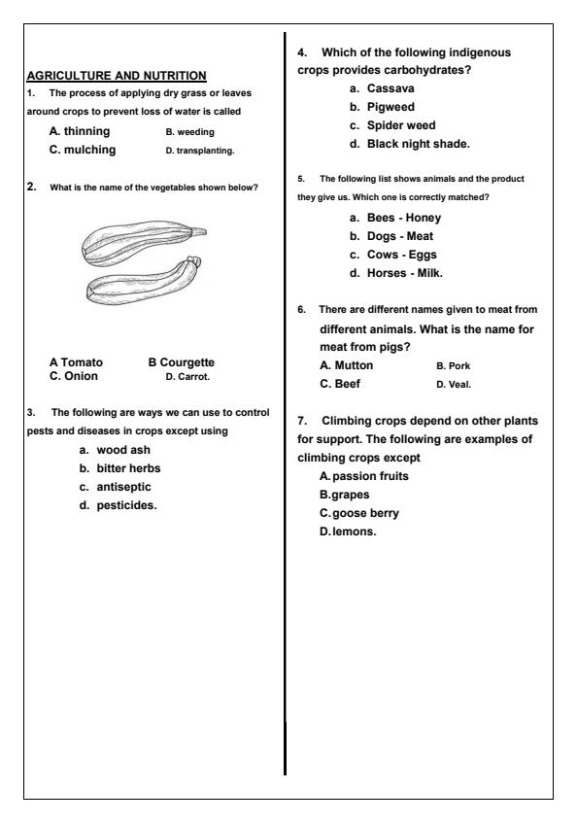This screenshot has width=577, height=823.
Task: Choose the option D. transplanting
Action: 200,151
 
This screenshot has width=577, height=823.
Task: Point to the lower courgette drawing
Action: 145,281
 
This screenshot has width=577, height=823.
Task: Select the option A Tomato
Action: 76,362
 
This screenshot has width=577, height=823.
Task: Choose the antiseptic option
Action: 116,487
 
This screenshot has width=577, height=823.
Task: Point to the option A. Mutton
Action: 346,365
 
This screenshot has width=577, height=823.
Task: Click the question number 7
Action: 302,421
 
